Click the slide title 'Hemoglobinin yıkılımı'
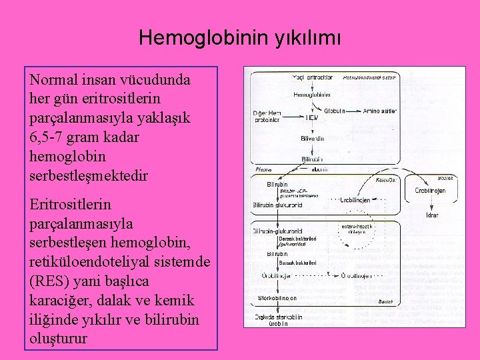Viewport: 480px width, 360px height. [x=239, y=37]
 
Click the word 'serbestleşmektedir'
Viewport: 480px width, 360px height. [x=89, y=176]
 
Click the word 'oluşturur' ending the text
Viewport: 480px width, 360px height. [x=59, y=339]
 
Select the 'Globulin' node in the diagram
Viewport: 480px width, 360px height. [x=335, y=111]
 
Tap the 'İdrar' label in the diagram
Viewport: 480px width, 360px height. [x=432, y=215]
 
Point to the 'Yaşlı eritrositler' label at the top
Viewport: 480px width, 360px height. [x=313, y=78]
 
